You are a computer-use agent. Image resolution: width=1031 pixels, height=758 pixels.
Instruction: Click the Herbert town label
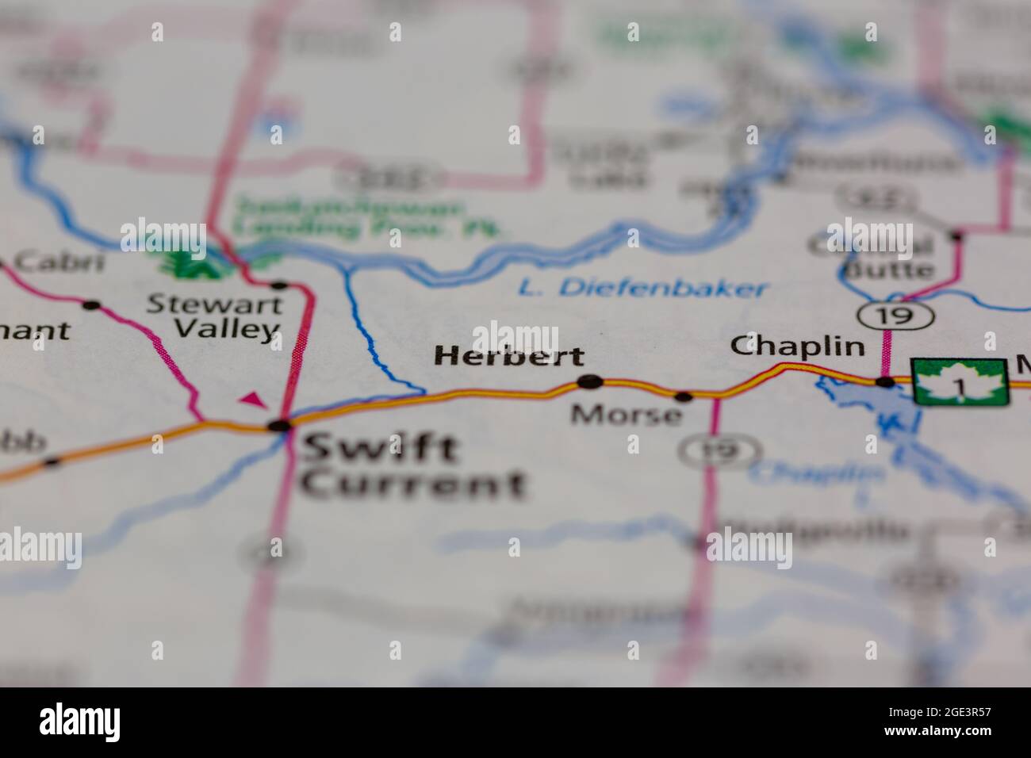508,356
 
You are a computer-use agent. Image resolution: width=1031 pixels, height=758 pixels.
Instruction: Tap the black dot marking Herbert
589,382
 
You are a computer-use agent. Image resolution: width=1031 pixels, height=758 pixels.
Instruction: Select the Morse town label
626,414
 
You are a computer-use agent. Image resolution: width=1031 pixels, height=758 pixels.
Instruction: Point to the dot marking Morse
683,396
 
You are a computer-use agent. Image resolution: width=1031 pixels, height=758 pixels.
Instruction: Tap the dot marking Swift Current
279,426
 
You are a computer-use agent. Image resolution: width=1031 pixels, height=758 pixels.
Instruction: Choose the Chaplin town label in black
797,346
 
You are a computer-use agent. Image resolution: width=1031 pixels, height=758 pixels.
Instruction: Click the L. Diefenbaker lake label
643,288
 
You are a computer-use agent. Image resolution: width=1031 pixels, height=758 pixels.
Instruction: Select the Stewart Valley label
214,316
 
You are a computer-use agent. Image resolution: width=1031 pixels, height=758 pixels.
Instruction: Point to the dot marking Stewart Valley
278,285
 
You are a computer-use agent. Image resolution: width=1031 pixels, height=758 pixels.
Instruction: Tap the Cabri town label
59,261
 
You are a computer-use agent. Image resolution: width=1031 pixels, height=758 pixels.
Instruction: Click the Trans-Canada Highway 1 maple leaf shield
960,382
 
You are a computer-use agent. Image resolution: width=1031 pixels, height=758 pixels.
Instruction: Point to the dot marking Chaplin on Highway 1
885,382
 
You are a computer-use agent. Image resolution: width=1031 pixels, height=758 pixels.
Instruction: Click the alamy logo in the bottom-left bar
80,722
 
